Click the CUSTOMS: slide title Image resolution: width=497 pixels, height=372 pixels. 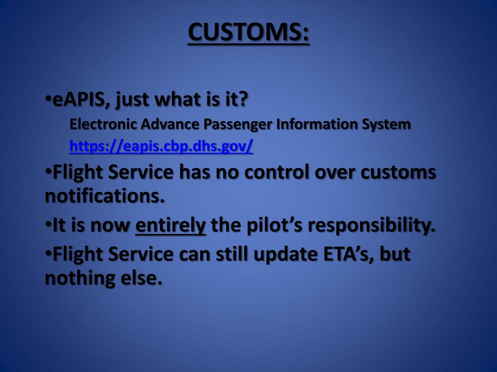(x=248, y=32)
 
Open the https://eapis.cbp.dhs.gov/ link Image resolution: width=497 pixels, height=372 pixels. (x=161, y=146)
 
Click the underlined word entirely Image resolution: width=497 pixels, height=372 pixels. (x=170, y=226)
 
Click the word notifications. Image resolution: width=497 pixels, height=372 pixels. (x=105, y=197)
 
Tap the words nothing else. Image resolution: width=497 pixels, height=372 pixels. (x=103, y=279)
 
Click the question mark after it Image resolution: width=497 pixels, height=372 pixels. (x=243, y=100)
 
